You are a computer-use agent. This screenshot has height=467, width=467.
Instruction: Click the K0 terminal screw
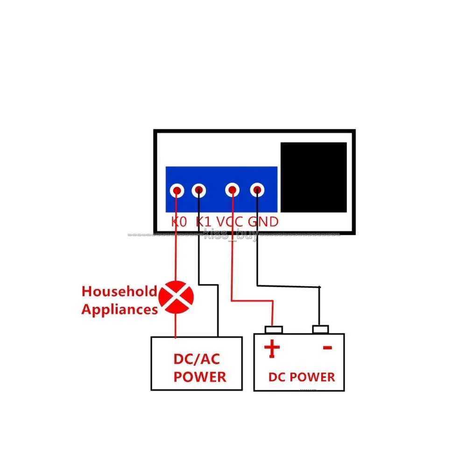[x=177, y=190]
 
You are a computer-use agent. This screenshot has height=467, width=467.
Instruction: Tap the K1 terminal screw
[x=199, y=190]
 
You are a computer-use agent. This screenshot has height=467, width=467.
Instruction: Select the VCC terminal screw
[x=232, y=190]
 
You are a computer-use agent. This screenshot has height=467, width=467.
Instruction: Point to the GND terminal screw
[x=256, y=190]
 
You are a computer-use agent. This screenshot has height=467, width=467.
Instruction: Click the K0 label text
[x=179, y=221]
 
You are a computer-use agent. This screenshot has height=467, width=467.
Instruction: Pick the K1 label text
[x=204, y=221]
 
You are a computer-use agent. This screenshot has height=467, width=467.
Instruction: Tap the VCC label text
[x=230, y=221]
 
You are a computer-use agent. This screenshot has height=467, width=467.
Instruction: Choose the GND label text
[x=263, y=221]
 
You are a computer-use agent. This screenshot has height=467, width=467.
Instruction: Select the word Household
[x=119, y=292]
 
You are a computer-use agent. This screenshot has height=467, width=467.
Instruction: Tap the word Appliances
[x=120, y=309]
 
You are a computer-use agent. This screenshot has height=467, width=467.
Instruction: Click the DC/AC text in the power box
[x=196, y=360]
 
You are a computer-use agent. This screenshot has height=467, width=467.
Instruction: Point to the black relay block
[x=313, y=177]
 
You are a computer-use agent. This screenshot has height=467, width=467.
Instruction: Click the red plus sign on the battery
[x=272, y=348]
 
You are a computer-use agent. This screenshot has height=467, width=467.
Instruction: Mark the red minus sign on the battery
[x=327, y=347]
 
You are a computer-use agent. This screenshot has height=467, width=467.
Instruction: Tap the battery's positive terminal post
[x=274, y=330]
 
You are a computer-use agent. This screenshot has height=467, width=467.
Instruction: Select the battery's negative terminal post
[x=320, y=330]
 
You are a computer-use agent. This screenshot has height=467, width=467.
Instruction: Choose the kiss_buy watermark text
[x=231, y=235]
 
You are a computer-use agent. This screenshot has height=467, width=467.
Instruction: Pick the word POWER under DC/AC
[x=200, y=377]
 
